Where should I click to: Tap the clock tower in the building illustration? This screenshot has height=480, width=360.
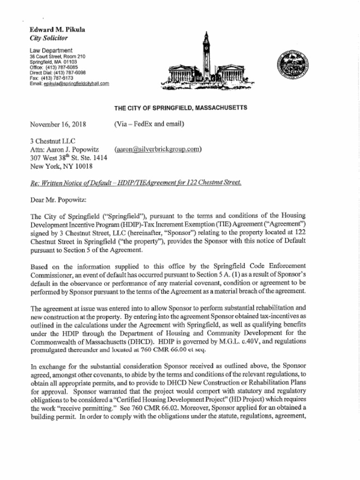[206, 52]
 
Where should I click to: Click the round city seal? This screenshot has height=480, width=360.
[292, 63]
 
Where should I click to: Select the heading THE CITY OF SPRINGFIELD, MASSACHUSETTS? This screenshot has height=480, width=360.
[180, 108]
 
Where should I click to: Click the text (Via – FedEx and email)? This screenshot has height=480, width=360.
[149, 124]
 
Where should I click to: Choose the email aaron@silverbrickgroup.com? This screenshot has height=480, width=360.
[157, 149]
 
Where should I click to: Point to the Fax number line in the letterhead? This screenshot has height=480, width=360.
[52, 78]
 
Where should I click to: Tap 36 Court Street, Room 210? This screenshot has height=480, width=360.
[58, 56]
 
